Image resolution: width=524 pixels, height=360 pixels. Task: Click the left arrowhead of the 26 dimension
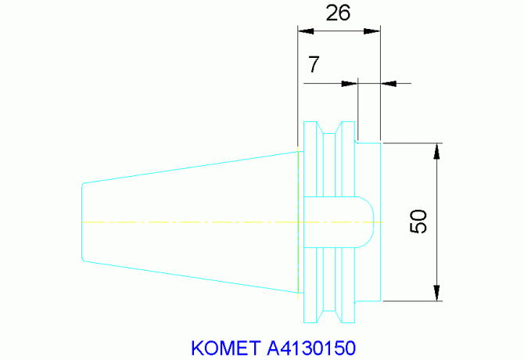pos(305,31)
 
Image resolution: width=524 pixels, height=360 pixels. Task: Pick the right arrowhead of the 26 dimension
pos(373,31)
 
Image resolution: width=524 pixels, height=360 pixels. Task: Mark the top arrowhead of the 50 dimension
pos(436,151)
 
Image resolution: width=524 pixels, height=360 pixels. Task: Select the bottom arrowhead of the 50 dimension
pos(436,293)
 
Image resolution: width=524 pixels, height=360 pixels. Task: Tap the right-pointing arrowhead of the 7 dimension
pos(350,82)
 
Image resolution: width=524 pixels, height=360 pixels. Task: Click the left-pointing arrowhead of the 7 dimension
pos(389,82)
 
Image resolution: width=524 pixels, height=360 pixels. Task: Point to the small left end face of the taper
pos(82,222)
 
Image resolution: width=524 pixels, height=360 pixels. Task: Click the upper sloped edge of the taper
pos(192,167)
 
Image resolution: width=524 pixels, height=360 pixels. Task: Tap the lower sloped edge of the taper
pos(192,277)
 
